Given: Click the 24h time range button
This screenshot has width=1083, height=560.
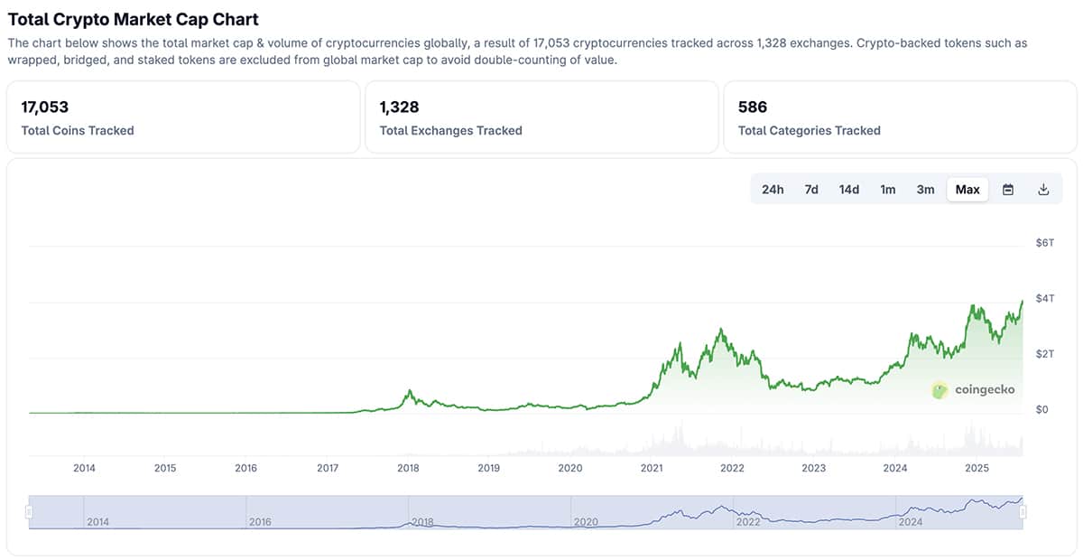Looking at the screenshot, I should pyautogui.click(x=773, y=190).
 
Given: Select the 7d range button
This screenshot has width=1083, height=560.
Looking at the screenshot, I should pyautogui.click(x=811, y=190).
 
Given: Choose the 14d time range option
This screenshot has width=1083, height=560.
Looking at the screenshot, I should pyautogui.click(x=849, y=190).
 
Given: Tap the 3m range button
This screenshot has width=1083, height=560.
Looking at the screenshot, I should pyautogui.click(x=925, y=190).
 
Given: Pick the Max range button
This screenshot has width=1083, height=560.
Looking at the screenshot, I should pyautogui.click(x=967, y=190).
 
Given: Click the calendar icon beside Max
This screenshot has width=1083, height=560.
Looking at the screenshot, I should pyautogui.click(x=1008, y=190).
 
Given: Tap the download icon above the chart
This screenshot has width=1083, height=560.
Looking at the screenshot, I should pyautogui.click(x=1043, y=190).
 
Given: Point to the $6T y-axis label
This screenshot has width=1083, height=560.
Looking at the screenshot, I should pyautogui.click(x=1044, y=243).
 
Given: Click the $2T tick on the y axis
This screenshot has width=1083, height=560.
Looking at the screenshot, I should pyautogui.click(x=1044, y=354).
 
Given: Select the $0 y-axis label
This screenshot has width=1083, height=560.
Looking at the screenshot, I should pyautogui.click(x=1041, y=410).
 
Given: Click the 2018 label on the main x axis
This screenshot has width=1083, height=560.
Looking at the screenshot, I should pyautogui.click(x=409, y=468).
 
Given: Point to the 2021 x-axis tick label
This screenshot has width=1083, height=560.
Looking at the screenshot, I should pyautogui.click(x=652, y=468).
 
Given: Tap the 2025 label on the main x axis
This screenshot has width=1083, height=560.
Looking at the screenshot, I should pyautogui.click(x=977, y=468).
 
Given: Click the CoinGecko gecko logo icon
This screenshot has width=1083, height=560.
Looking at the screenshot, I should pyautogui.click(x=940, y=390).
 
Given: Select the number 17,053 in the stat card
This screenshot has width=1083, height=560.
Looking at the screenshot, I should pyautogui.click(x=45, y=107).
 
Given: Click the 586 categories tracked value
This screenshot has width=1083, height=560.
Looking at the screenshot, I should pyautogui.click(x=753, y=107).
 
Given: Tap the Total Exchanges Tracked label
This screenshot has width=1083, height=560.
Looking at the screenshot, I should pyautogui.click(x=450, y=131).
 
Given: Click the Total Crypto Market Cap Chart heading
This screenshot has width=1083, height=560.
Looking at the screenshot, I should pyautogui.click(x=133, y=19).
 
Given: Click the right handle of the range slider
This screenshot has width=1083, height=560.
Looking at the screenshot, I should pyautogui.click(x=1023, y=512).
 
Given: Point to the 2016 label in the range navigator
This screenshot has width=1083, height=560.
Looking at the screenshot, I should pyautogui.click(x=259, y=522).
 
